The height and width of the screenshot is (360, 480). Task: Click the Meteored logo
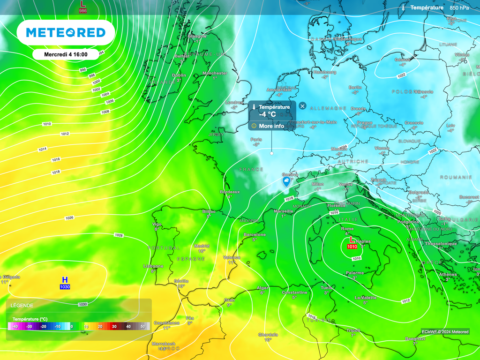(66, 32)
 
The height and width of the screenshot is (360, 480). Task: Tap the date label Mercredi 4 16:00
(66, 54)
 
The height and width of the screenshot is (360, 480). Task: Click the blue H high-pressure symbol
(65, 280)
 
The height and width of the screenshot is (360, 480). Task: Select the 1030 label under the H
(65, 287)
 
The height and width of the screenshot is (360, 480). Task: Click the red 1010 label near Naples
(352, 247)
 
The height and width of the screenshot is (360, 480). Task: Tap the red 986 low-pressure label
(82, 10)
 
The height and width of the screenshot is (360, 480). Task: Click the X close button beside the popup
(302, 106)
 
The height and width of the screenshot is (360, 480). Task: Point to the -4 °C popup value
(269, 114)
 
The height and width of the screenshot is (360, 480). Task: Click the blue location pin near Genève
(286, 182)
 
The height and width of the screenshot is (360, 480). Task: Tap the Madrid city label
(202, 246)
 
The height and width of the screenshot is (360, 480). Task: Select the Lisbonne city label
(153, 266)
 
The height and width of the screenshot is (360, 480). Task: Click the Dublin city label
(179, 75)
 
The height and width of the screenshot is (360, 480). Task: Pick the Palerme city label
(355, 273)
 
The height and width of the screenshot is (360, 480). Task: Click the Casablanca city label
(167, 322)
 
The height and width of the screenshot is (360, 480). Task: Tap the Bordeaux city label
(230, 192)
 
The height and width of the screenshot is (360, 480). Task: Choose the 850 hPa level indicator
(459, 7)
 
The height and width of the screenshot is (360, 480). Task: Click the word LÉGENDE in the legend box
(22, 306)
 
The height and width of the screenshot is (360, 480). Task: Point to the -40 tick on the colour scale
(15, 326)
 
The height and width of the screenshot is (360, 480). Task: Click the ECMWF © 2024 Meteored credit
(445, 332)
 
